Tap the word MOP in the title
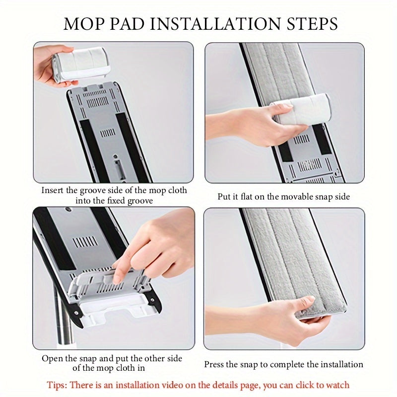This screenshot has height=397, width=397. click(81, 23)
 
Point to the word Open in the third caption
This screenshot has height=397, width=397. click(52, 358)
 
